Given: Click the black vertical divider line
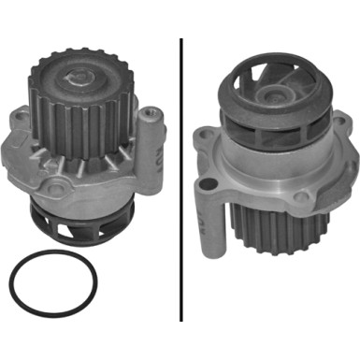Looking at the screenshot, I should [x=180, y=178].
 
